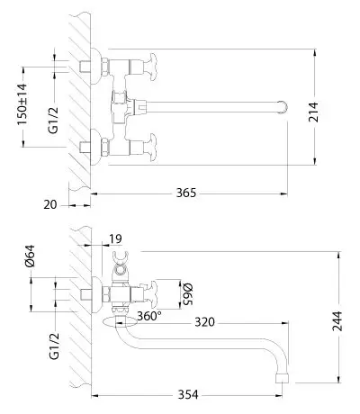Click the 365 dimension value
(x=185, y=193)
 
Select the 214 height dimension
(x=313, y=112)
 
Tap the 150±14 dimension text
(x=22, y=104)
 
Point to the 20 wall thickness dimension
(x=50, y=205)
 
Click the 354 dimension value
(x=188, y=395)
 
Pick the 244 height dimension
(x=337, y=321)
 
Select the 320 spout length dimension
(x=205, y=322)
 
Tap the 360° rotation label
(x=149, y=316)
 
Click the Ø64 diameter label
(x=30, y=256)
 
